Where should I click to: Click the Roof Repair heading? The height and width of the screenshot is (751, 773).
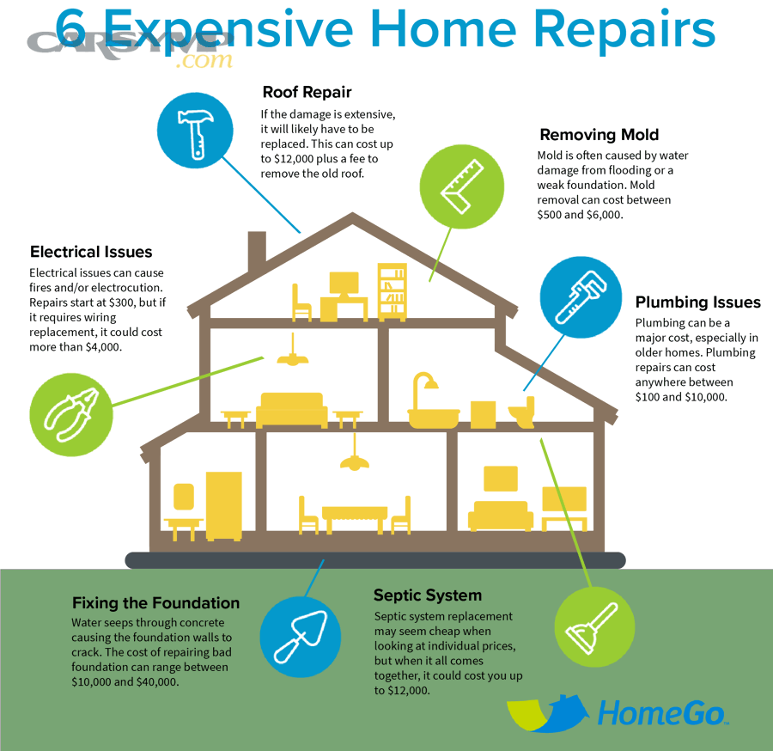[x=307, y=92]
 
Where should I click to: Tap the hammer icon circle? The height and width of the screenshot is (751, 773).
[x=195, y=131]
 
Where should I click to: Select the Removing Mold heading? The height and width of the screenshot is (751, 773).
[x=599, y=135]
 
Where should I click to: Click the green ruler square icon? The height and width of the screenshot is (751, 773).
[x=462, y=186]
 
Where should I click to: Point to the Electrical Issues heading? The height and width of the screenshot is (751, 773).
[x=91, y=252]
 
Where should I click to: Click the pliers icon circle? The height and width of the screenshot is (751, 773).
[x=71, y=415]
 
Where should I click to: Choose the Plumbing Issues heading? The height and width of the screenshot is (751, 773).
[x=697, y=302]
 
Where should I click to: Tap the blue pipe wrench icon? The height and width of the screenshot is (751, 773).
[x=581, y=297]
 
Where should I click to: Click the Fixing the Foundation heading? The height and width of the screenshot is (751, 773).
[x=155, y=603]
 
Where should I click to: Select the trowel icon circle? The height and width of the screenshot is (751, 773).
[x=301, y=636]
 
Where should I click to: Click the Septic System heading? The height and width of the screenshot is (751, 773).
[x=428, y=595]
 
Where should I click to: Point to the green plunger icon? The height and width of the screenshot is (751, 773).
[x=594, y=627]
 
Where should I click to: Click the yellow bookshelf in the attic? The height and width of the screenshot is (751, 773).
[x=393, y=292]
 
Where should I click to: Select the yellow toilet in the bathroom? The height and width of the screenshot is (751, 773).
[x=522, y=412]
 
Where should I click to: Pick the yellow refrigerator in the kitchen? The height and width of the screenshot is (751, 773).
[x=224, y=506]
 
